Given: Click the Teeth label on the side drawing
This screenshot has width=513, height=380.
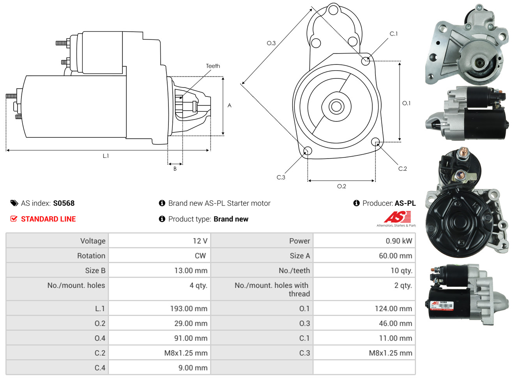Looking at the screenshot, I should [x=213, y=66].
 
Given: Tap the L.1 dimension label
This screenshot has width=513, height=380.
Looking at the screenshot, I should [x=106, y=156].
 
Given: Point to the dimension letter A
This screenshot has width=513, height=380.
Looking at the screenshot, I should [x=229, y=105].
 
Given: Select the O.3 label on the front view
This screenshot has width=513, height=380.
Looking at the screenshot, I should [x=271, y=43].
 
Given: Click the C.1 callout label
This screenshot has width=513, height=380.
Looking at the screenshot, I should [x=394, y=34].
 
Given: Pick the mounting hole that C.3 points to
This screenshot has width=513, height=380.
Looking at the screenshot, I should [x=307, y=151].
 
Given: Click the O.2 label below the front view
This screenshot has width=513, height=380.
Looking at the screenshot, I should [x=341, y=186].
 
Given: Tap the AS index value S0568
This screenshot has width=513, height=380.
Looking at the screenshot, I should [x=64, y=203].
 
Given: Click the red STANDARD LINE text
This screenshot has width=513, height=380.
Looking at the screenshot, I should [x=48, y=219].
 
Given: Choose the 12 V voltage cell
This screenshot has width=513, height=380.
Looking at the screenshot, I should [x=200, y=241].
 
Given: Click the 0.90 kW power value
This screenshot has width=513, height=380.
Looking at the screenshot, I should [x=399, y=241].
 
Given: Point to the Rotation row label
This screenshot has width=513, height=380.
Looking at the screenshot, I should [x=91, y=256].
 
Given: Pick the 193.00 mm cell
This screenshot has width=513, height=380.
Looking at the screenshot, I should [x=189, y=309].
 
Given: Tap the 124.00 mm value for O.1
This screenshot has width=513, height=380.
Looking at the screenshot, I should [x=393, y=309].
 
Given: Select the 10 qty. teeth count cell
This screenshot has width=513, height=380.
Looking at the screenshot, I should [x=402, y=271].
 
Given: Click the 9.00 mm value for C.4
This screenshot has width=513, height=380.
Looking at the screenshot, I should [x=193, y=368].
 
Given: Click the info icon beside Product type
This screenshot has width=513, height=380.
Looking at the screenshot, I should [x=162, y=219].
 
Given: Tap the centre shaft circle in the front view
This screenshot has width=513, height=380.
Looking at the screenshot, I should [x=336, y=106].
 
